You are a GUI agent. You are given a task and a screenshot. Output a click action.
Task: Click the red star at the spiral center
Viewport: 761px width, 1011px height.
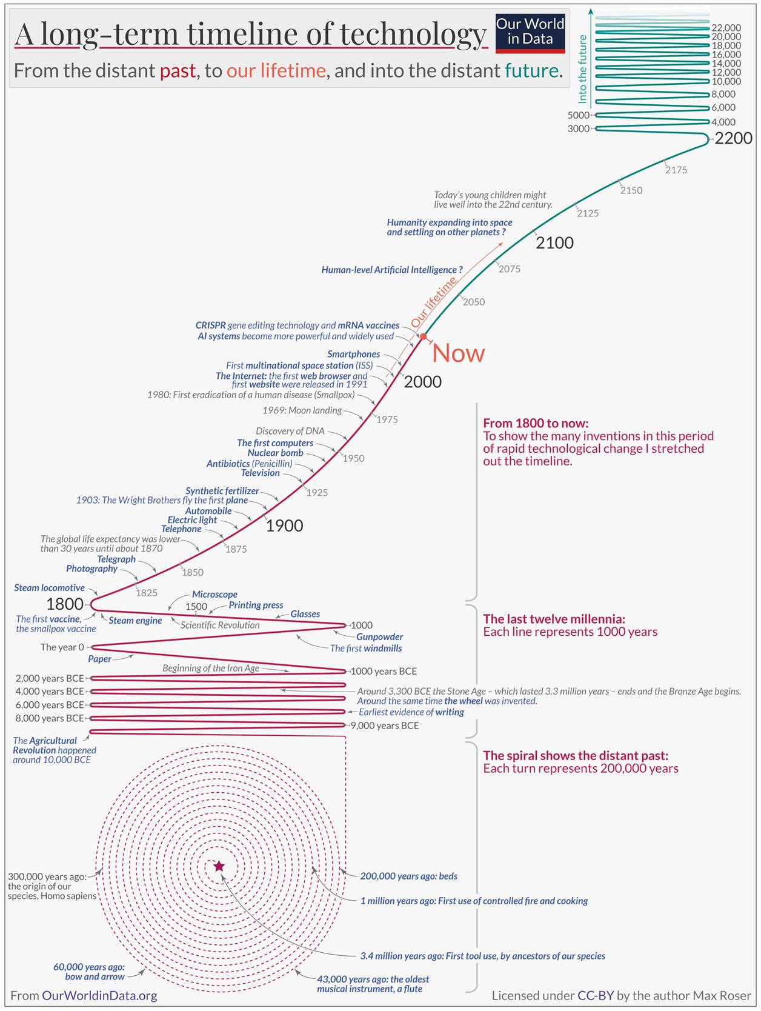[x=219, y=866]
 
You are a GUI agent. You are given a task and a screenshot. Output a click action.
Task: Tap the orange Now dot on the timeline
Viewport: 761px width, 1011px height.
[x=424, y=336]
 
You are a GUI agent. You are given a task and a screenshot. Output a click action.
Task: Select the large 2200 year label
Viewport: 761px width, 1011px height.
[x=733, y=138]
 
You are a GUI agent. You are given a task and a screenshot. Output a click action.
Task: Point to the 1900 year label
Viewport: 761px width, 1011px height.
[x=284, y=526]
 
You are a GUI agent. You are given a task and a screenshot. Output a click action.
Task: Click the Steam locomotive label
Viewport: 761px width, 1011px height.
[x=50, y=587]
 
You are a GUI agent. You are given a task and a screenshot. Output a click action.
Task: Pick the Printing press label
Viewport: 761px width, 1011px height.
[x=256, y=605]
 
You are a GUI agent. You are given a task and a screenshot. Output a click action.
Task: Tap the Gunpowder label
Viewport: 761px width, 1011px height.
[x=379, y=636]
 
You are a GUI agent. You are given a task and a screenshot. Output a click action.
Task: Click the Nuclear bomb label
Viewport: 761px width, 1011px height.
[x=275, y=453]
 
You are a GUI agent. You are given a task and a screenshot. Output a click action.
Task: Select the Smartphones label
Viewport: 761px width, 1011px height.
[x=353, y=354]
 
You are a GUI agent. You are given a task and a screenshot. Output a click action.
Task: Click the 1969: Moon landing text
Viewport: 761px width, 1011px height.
[x=302, y=410]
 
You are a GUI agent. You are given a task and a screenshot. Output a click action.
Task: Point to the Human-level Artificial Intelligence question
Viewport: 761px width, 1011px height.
[x=392, y=270]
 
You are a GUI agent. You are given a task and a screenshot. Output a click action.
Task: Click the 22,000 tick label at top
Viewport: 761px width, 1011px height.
[x=726, y=28]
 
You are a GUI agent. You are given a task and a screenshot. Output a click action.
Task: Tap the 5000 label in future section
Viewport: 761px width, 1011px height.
[x=578, y=115]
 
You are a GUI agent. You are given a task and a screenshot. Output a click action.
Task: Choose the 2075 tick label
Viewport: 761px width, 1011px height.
[x=509, y=269]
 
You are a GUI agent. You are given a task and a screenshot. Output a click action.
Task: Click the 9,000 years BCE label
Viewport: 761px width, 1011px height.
[x=384, y=726]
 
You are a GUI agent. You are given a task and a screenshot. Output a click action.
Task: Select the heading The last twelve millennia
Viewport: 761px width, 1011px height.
[x=554, y=619]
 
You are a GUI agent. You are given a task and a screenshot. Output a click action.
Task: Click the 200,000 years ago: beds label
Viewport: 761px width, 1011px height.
[x=408, y=876]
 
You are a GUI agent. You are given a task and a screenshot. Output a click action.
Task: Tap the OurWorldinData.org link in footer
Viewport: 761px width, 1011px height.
[x=99, y=995]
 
